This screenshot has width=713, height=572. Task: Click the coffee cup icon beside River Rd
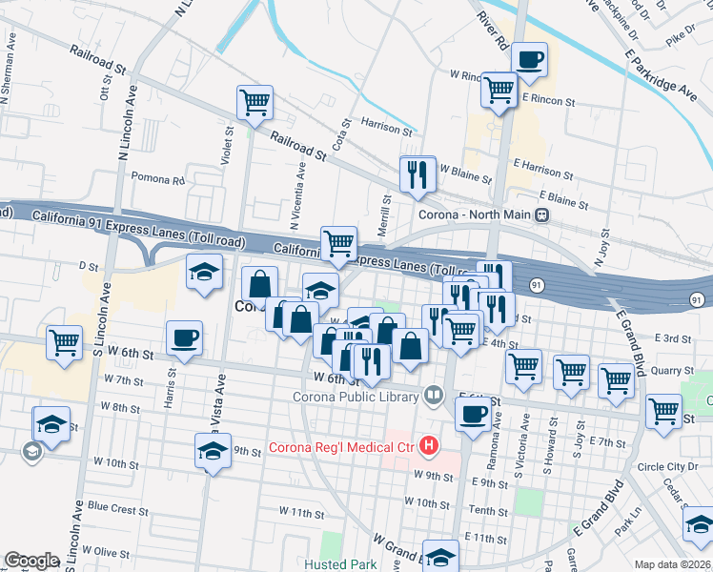point(529,59)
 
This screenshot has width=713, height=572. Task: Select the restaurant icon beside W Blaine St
point(418,174)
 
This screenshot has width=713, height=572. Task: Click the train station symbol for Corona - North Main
point(541,215)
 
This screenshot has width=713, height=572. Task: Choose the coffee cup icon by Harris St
point(184,338)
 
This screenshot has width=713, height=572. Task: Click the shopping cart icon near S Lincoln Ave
point(64,342)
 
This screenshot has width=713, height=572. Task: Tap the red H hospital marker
point(430,445)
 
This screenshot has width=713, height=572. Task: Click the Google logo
point(31,561)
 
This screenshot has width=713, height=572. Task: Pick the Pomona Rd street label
point(156,179)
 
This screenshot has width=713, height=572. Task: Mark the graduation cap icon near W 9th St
point(214,453)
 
